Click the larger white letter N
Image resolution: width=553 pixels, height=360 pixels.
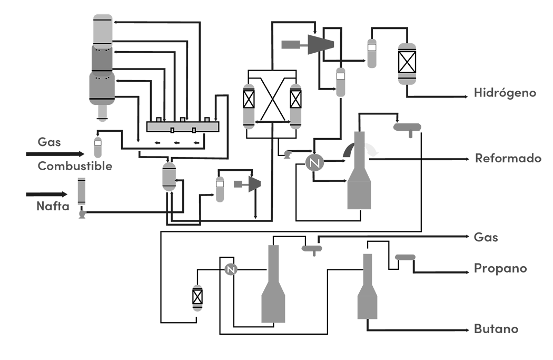pos(315,164)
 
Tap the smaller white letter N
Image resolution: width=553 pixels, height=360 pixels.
pos(230,270)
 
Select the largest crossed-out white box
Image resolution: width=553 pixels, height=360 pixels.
pos(407,62)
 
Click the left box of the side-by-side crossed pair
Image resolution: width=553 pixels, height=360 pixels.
pos(249,99)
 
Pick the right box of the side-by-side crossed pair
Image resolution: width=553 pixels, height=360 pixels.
pos(295,99)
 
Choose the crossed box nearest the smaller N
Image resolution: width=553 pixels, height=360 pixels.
pos(197,297)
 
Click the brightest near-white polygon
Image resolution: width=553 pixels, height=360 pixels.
pos(375,147)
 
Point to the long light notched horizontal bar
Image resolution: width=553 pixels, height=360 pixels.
pos(182,127)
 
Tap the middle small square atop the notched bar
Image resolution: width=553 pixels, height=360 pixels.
pos(183,121)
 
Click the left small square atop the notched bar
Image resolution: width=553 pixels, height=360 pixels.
pos(159,121)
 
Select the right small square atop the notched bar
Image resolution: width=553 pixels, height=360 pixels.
pos(205,121)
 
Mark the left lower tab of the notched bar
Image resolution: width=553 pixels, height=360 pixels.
pos(172,130)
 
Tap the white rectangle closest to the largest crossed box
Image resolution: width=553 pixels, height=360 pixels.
pos(372,47)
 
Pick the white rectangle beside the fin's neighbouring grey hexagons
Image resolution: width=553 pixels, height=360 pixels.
pos(220,183)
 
